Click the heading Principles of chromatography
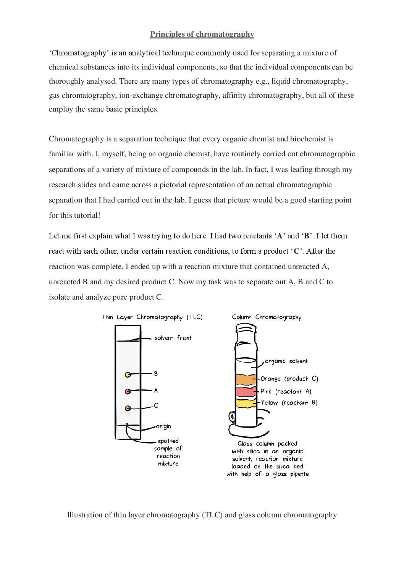click(202, 34)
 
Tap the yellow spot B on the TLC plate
click(128, 374)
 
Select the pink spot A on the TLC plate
click(128, 391)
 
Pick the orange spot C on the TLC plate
click(128, 408)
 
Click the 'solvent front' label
click(173, 338)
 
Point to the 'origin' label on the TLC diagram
click(163, 426)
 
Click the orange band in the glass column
click(246, 380)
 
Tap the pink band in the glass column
click(246, 392)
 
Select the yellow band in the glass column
click(246, 403)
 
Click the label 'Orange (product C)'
click(289, 379)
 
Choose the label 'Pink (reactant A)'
click(286, 392)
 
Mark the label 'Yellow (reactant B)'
click(289, 403)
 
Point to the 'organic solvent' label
click(286, 361)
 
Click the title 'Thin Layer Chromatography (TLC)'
click(152, 318)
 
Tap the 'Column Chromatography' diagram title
click(267, 318)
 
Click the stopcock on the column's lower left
click(232, 416)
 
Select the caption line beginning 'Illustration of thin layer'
click(202, 515)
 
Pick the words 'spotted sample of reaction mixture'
click(168, 452)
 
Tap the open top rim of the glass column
click(246, 327)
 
